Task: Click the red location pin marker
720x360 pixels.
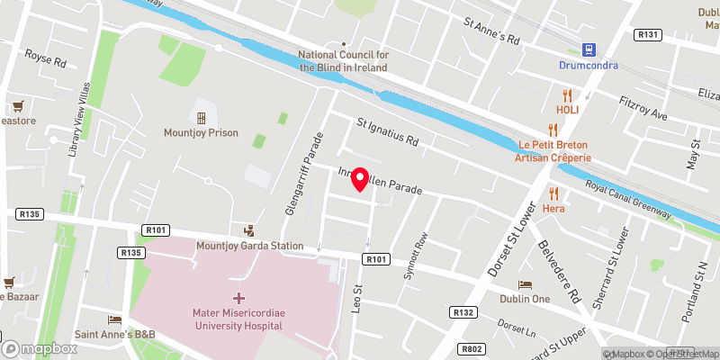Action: click(360, 178)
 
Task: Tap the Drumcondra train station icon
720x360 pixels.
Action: click(588, 49)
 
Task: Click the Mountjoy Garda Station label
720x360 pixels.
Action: click(248, 244)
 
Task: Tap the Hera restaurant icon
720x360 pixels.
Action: click(554, 193)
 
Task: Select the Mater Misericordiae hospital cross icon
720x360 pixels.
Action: click(238, 298)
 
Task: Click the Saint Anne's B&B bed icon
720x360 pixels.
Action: click(114, 319)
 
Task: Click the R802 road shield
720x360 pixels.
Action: click(471, 348)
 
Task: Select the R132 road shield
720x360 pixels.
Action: click(463, 311)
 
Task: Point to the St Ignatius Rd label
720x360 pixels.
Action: click(388, 132)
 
